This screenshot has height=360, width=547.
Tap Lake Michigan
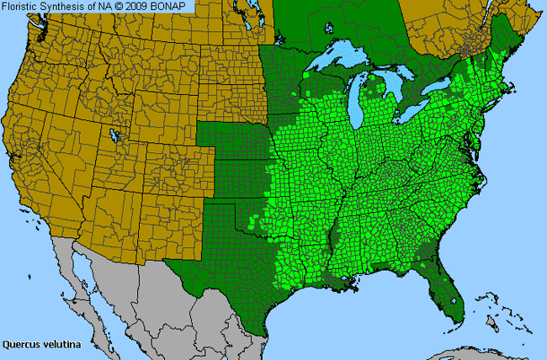[x=363, y=96]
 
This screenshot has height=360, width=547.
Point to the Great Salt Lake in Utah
[x=114, y=135]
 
